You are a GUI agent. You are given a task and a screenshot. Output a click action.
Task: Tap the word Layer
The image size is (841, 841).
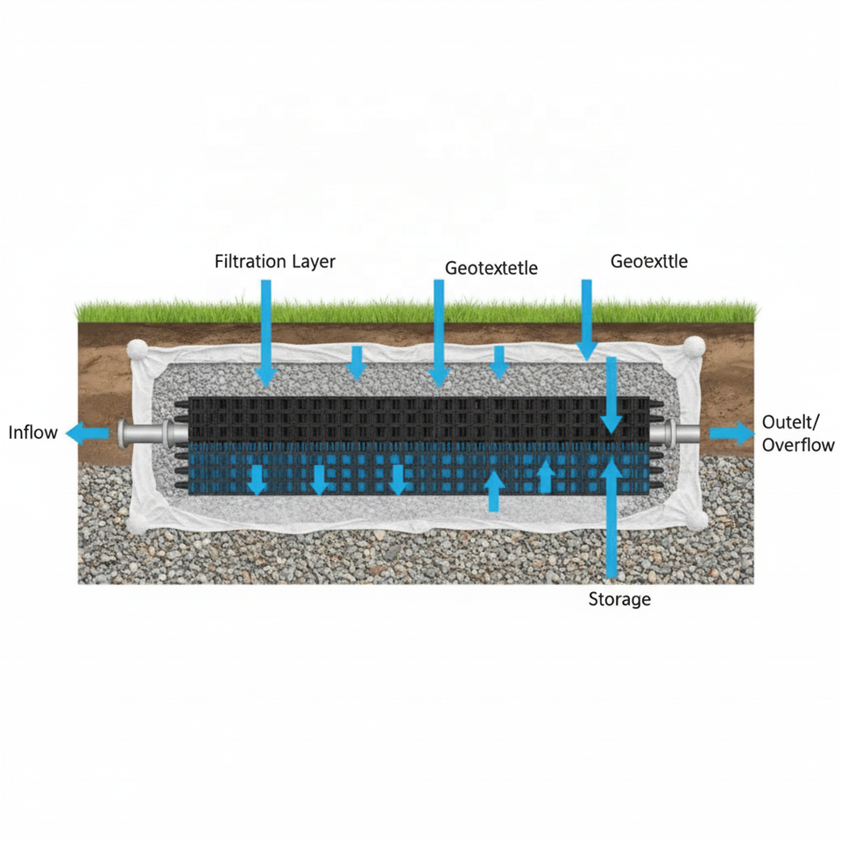(313, 261)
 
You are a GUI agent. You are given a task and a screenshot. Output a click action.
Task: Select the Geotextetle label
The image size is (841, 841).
(491, 268)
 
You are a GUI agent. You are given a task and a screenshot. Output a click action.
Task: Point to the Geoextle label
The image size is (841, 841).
(648, 261)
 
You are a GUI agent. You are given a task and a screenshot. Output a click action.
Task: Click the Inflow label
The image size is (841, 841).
(33, 432)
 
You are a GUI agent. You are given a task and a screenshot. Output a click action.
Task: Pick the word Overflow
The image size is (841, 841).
(798, 444)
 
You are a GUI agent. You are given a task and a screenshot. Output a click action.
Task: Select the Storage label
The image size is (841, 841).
(619, 599)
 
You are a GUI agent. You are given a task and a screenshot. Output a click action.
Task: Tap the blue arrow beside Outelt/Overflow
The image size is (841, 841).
(731, 433)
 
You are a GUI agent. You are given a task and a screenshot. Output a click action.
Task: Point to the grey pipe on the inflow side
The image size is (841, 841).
(145, 433)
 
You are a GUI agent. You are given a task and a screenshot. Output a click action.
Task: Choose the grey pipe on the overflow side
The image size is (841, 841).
(680, 433)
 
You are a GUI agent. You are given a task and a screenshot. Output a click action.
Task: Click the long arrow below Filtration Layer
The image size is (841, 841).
(266, 333)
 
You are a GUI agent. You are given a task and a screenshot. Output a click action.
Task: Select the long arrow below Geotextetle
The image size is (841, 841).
(439, 333)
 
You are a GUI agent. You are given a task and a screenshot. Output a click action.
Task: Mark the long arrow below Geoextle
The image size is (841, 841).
(587, 320)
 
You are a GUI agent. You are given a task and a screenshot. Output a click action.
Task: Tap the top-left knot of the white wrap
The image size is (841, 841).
(138, 350)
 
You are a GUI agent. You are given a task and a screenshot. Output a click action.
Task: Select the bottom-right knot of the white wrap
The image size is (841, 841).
(698, 522)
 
